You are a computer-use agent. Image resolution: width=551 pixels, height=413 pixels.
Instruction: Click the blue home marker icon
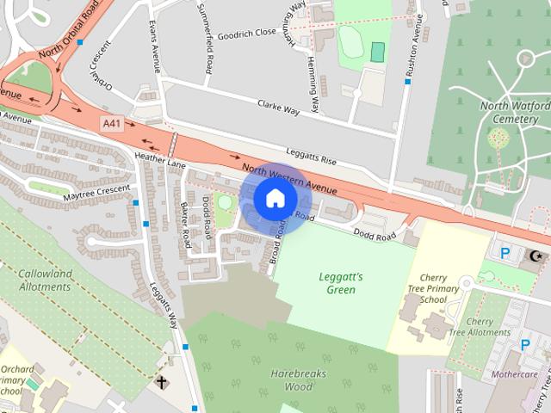(274, 198)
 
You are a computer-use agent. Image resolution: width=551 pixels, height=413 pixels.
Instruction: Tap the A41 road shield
(111, 124)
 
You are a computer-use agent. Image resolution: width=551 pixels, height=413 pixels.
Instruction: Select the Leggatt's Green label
(341, 283)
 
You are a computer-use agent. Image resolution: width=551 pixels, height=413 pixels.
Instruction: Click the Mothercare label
(514, 376)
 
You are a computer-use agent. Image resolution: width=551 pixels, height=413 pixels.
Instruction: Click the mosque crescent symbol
(537, 256)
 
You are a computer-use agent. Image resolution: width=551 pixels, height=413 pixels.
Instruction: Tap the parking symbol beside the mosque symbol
(505, 254)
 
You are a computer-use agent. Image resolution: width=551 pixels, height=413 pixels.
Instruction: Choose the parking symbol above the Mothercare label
(524, 345)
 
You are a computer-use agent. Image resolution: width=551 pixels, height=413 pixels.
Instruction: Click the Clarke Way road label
(278, 108)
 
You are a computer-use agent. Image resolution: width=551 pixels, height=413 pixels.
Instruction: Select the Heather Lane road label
(160, 159)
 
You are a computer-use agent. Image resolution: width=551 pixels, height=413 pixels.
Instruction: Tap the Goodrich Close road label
(246, 32)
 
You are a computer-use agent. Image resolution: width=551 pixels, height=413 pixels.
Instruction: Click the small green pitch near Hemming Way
(377, 52)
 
